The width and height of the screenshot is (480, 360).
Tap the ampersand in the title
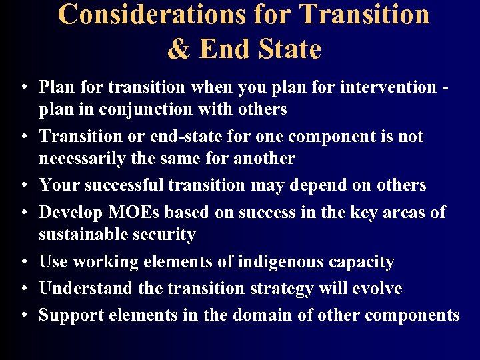click(x=178, y=49)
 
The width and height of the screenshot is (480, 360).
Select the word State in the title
click(x=286, y=49)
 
